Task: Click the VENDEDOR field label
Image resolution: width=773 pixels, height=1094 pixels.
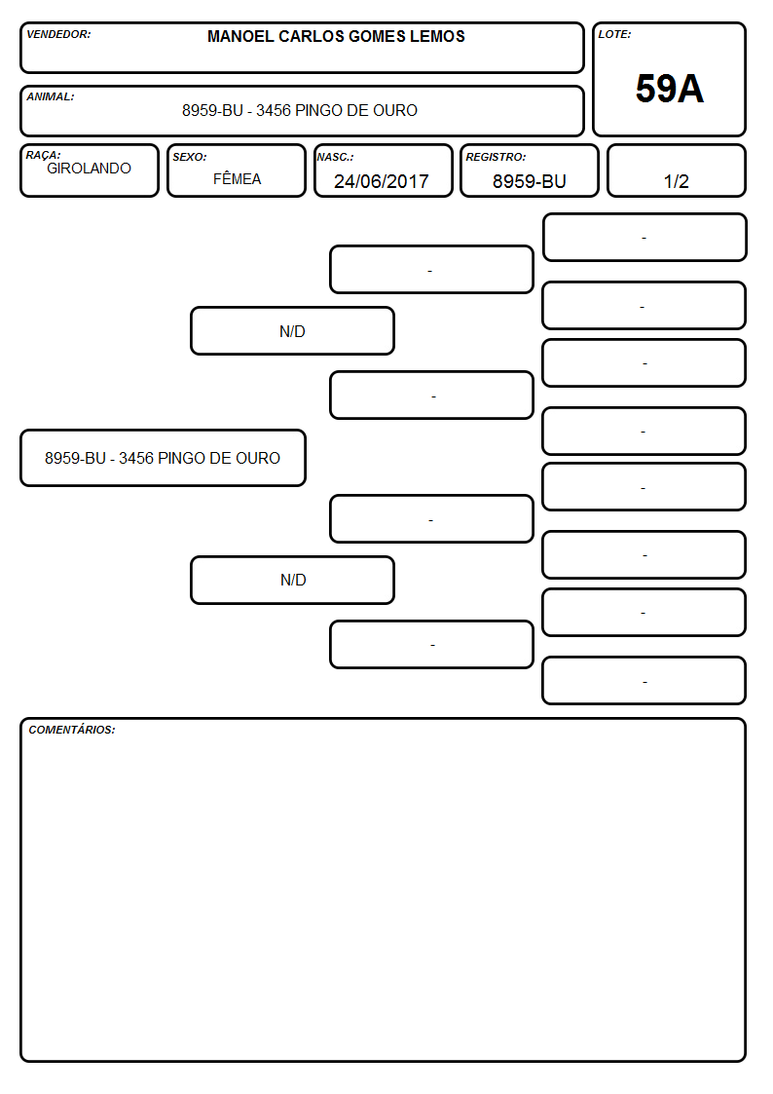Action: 58,34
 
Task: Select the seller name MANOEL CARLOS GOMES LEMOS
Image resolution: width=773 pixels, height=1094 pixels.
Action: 336,36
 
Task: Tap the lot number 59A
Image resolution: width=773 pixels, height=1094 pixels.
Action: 669,89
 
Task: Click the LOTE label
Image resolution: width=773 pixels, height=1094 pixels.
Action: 614,34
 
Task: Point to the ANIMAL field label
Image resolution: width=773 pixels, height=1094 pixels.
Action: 51,97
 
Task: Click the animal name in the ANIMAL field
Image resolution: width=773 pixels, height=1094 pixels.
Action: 300,110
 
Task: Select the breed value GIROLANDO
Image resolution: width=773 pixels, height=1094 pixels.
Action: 89,169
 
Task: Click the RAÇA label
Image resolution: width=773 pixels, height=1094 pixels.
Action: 43,155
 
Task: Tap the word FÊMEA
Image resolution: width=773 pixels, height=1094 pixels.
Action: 237,178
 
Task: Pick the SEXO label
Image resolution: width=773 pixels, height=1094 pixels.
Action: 190,157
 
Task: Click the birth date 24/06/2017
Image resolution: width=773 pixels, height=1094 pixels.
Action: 382,181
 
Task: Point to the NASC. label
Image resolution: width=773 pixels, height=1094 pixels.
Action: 335,157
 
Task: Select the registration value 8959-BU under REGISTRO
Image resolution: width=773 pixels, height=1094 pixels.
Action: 529,181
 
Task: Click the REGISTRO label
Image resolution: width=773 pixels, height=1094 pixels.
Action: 496,157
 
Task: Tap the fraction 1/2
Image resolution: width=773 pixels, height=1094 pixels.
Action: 676,181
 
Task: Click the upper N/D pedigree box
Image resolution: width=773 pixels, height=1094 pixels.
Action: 292,330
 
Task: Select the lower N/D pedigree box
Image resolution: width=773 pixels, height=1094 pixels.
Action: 292,580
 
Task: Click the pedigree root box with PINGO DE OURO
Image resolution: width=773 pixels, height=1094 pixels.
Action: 164,458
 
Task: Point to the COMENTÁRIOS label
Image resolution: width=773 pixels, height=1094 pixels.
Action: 72,730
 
